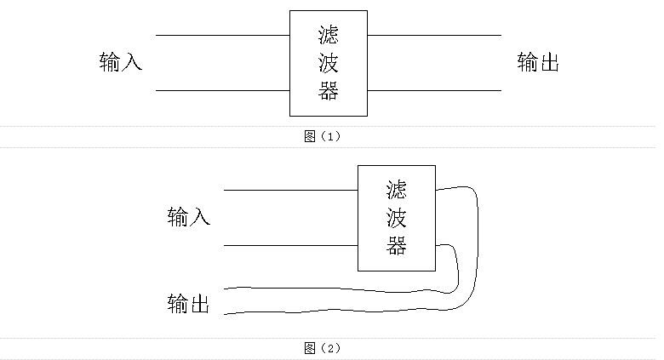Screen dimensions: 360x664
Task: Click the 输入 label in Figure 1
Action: pyautogui.click(x=121, y=62)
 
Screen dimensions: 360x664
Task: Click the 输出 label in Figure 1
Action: pyautogui.click(x=538, y=62)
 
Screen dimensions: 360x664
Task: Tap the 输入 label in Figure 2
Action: pyautogui.click(x=189, y=217)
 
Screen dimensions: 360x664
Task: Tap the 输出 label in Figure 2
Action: pyautogui.click(x=189, y=303)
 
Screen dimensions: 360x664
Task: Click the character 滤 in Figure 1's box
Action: pyautogui.click(x=328, y=36)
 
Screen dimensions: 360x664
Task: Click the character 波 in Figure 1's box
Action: pyautogui.click(x=328, y=63)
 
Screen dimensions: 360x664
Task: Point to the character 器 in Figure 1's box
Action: pyautogui.click(x=328, y=90)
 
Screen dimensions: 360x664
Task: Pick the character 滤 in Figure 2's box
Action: pyautogui.click(x=396, y=190)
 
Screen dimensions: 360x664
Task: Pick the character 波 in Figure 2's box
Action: pyautogui.click(x=396, y=218)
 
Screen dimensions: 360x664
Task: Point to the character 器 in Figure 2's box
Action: pyautogui.click(x=396, y=246)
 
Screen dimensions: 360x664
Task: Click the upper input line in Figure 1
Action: pyautogui.click(x=222, y=36)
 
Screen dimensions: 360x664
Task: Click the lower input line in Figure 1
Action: pyautogui.click(x=222, y=90)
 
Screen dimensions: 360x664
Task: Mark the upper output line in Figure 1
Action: pyautogui.click(x=434, y=36)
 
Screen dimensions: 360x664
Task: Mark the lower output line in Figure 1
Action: pyautogui.click(x=434, y=90)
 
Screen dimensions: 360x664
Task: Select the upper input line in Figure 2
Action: pyautogui.click(x=290, y=190)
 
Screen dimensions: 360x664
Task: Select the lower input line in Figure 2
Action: pyautogui.click(x=290, y=246)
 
